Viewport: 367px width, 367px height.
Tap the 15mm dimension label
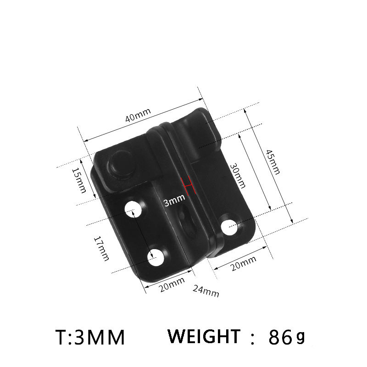pos(78,179)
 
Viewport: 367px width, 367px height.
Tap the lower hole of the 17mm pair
pos(156,258)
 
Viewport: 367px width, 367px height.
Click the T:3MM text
pos(90,338)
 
